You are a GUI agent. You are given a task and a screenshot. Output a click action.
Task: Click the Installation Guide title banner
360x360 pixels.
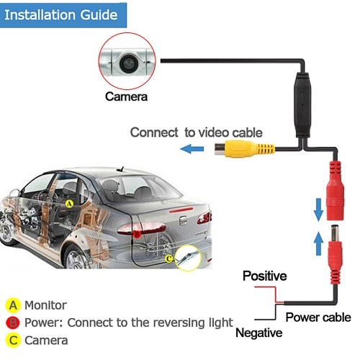(63, 15)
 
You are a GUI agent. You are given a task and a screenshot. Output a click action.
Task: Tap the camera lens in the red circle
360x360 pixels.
(128, 63)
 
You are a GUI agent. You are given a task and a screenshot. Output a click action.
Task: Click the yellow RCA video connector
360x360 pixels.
(244, 149)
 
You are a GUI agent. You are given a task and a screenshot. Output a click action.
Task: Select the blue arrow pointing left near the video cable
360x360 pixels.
(192, 149)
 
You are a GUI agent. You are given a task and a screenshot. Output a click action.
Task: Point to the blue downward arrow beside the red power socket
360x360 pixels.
(318, 210)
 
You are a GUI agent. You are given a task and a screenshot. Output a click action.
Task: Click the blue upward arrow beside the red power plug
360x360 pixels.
(318, 243)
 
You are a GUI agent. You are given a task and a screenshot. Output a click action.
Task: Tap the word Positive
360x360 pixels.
(264, 276)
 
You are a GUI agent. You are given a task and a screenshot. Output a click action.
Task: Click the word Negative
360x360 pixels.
(259, 333)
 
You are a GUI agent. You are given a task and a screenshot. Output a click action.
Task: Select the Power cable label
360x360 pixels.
(318, 318)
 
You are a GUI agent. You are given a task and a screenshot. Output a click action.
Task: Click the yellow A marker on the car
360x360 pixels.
(69, 204)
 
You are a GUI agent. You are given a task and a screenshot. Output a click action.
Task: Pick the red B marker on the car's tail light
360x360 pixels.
(137, 233)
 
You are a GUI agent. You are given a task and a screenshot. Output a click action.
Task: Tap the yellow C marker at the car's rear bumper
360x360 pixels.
(169, 258)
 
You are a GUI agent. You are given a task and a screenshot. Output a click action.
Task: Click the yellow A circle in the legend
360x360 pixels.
(13, 305)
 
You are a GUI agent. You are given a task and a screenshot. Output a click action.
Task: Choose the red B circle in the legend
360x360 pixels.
(13, 323)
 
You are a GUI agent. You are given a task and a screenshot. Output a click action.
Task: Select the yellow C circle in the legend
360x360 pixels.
(13, 341)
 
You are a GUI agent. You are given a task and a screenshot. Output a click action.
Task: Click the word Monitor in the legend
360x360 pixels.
(45, 305)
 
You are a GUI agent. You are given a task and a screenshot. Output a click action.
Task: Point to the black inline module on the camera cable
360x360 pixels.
(303, 105)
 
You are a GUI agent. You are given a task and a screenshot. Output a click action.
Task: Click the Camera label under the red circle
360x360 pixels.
(126, 96)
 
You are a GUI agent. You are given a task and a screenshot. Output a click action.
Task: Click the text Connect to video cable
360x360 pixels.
(197, 132)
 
